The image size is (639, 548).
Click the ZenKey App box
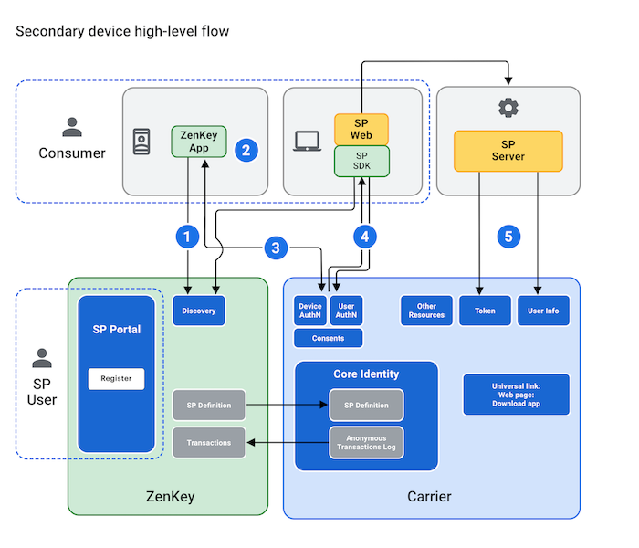pos(198,142)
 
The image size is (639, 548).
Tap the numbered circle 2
pos(244,151)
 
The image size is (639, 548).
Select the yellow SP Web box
pos(361,130)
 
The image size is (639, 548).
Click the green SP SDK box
pos(361,162)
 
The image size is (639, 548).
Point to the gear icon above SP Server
pos(508,108)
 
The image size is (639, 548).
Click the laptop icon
pos(306,142)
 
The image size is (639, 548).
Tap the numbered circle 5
pos(508,237)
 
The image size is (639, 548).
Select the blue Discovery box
pos(199,311)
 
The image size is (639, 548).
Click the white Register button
pos(116,378)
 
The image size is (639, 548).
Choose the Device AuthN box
pos(310,311)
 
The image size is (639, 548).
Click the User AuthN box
pos(346,311)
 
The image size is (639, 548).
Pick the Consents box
pos(329,338)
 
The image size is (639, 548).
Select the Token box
pos(485,311)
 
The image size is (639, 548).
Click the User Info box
pos(543,311)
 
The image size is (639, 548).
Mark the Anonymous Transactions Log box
pos(366,442)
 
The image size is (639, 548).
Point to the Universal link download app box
pos(517,395)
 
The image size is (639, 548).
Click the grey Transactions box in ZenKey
pos(209,443)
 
